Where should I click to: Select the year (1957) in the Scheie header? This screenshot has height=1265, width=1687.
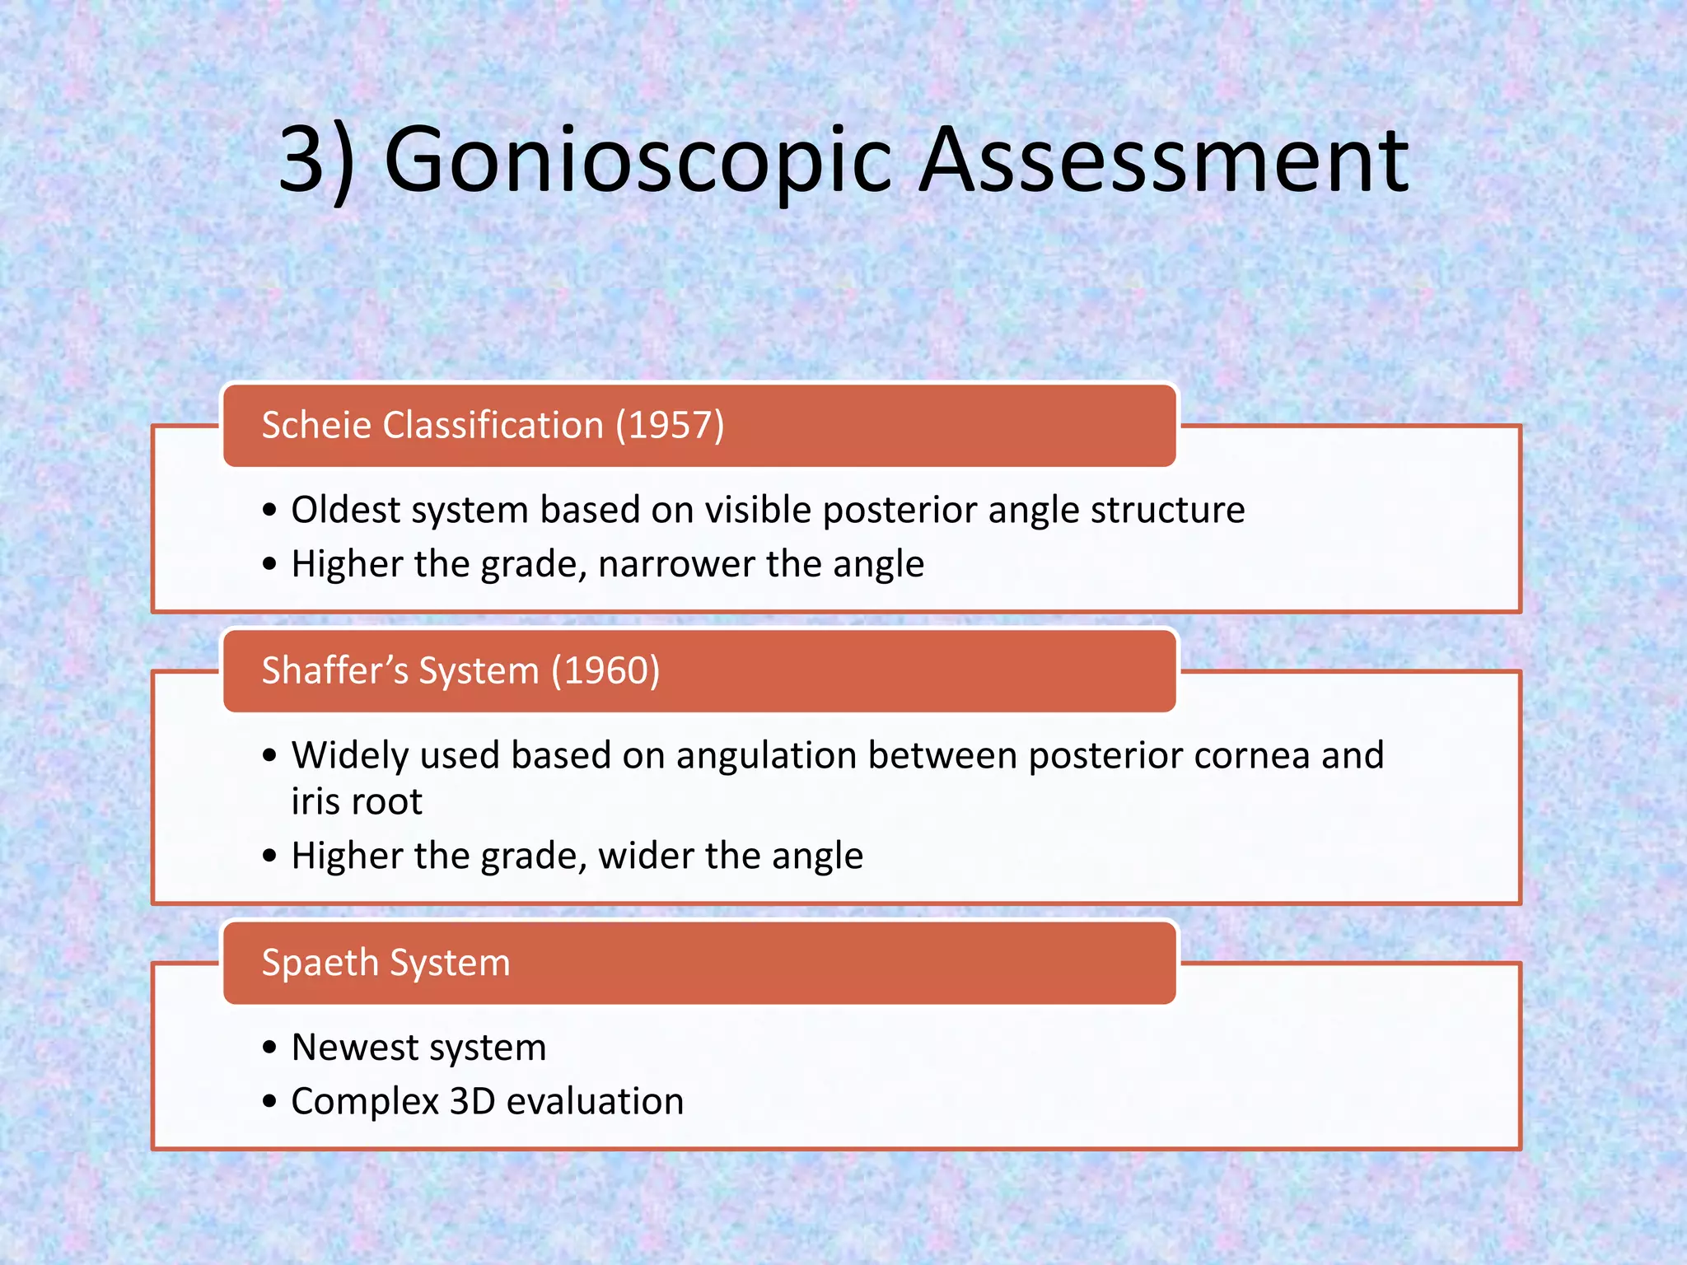[670, 426]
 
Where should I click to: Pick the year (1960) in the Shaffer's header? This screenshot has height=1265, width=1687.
[605, 670]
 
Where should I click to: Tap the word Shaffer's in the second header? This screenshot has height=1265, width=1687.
[334, 670]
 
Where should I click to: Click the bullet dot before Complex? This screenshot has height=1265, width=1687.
[269, 1102]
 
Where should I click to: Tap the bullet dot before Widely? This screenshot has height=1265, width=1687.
[269, 756]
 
